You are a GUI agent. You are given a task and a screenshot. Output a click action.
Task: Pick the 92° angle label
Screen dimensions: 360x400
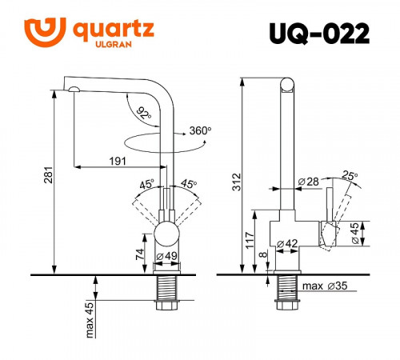point(144,112)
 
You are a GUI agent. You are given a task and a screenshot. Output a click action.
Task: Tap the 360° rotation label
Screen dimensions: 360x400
point(200,130)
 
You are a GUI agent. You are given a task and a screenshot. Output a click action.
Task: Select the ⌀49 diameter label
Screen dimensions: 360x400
point(167,256)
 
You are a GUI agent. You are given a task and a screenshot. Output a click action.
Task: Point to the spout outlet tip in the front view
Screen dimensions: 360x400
point(73,90)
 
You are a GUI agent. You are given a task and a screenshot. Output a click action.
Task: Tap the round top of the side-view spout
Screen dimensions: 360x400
point(286,84)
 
